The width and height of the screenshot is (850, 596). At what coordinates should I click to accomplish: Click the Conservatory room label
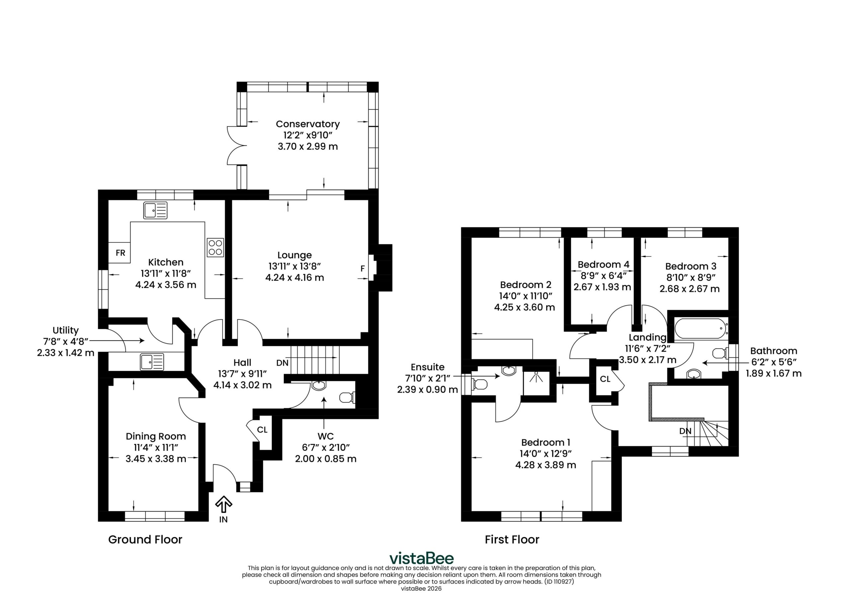click(308, 124)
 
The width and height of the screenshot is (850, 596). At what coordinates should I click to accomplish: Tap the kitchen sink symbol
click(155, 210)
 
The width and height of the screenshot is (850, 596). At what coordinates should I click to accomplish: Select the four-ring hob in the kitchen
click(215, 247)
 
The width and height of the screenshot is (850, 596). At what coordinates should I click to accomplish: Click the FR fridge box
click(119, 252)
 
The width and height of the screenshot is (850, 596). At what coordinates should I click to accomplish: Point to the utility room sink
click(152, 362)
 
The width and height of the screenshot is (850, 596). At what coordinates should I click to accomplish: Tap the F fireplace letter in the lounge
click(363, 269)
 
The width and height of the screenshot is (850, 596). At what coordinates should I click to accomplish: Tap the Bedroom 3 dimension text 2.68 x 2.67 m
click(690, 289)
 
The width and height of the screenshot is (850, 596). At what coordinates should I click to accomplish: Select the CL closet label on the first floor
click(605, 379)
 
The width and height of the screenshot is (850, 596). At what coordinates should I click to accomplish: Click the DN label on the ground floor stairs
click(283, 363)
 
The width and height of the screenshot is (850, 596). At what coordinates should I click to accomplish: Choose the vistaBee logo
click(421, 558)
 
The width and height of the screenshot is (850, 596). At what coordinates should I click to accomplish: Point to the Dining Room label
click(156, 436)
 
